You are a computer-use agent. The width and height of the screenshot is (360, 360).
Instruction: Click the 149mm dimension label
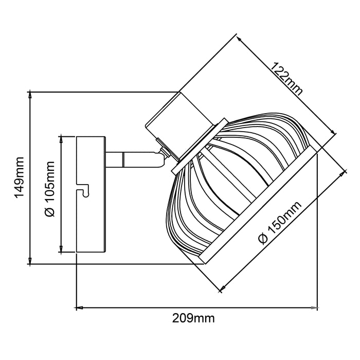pos(19,177)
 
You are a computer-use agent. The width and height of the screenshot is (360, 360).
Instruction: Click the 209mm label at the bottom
pos(193,318)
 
